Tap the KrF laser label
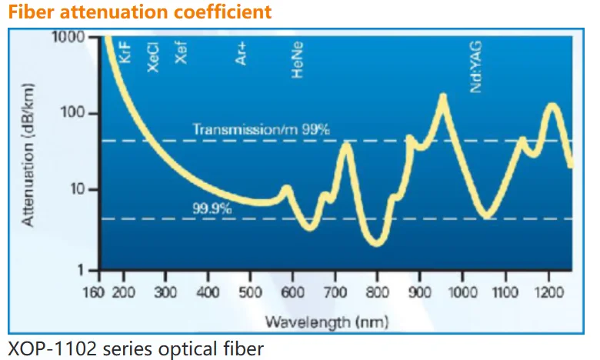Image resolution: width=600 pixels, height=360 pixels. (x=127, y=53)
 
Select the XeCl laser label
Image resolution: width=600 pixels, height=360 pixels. (x=153, y=57)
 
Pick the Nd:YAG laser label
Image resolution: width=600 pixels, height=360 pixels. (x=477, y=71)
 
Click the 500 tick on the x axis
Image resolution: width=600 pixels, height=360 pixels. (x=250, y=292)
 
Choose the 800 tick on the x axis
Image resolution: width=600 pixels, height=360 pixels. (x=376, y=292)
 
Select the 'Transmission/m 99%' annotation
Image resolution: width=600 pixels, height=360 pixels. (x=261, y=129)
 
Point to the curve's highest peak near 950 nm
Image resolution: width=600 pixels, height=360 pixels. (x=442, y=97)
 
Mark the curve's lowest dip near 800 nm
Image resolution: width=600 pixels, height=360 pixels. (x=376, y=243)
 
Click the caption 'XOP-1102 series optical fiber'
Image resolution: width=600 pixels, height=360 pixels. (x=135, y=348)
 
